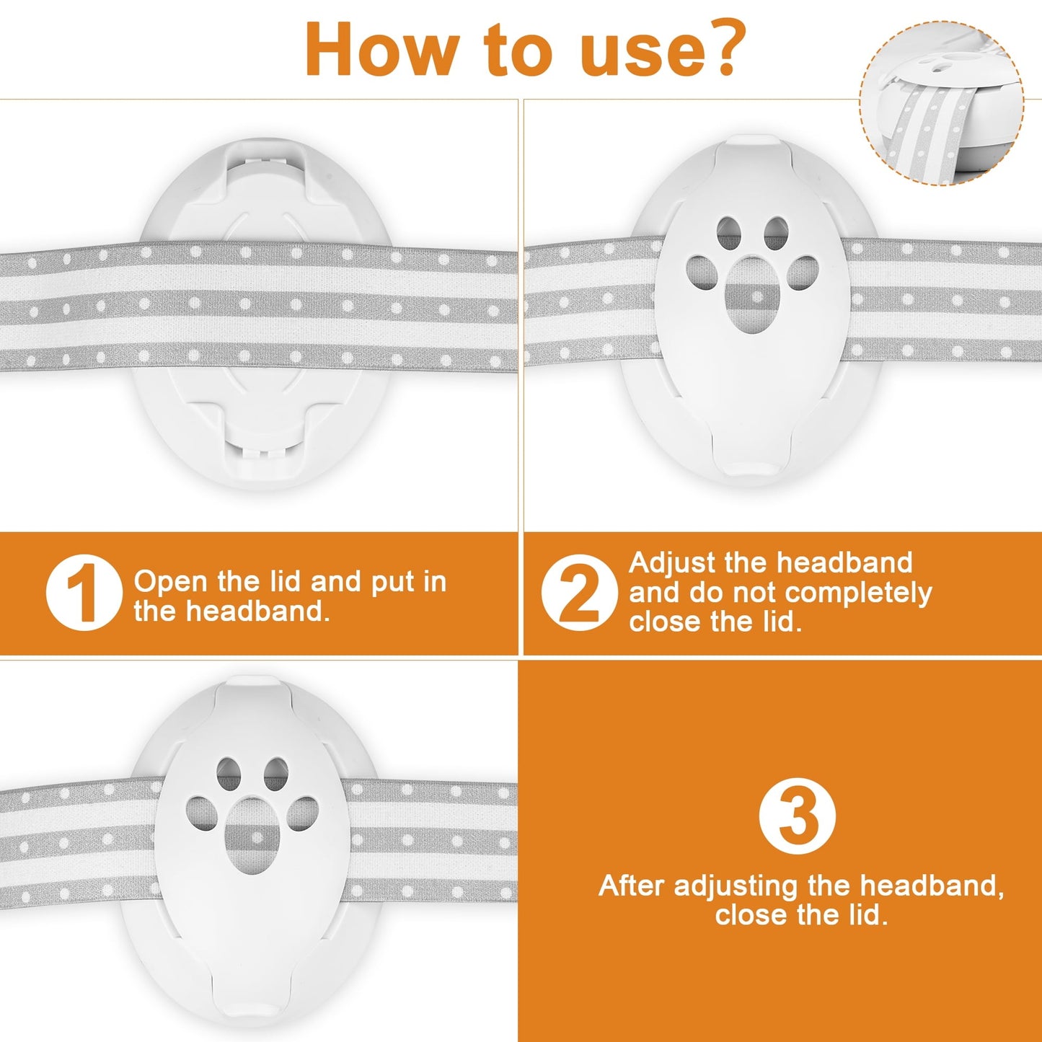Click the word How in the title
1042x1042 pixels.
point(381,49)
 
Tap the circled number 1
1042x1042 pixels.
point(84,593)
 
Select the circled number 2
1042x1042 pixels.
point(579,593)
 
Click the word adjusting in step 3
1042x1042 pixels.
point(736,886)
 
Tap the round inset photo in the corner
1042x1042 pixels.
point(942,103)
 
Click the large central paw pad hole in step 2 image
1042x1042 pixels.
point(751,295)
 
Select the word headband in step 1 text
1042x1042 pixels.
point(257,611)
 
